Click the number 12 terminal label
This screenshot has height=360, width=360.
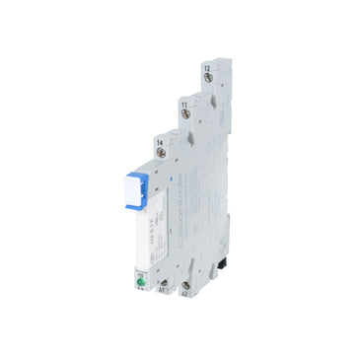click(206, 66)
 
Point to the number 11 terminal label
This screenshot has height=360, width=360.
click(183, 103)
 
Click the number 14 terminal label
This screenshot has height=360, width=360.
click(159, 144)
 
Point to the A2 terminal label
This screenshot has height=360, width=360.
click(183, 293)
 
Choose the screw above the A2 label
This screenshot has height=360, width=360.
click(183, 278)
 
